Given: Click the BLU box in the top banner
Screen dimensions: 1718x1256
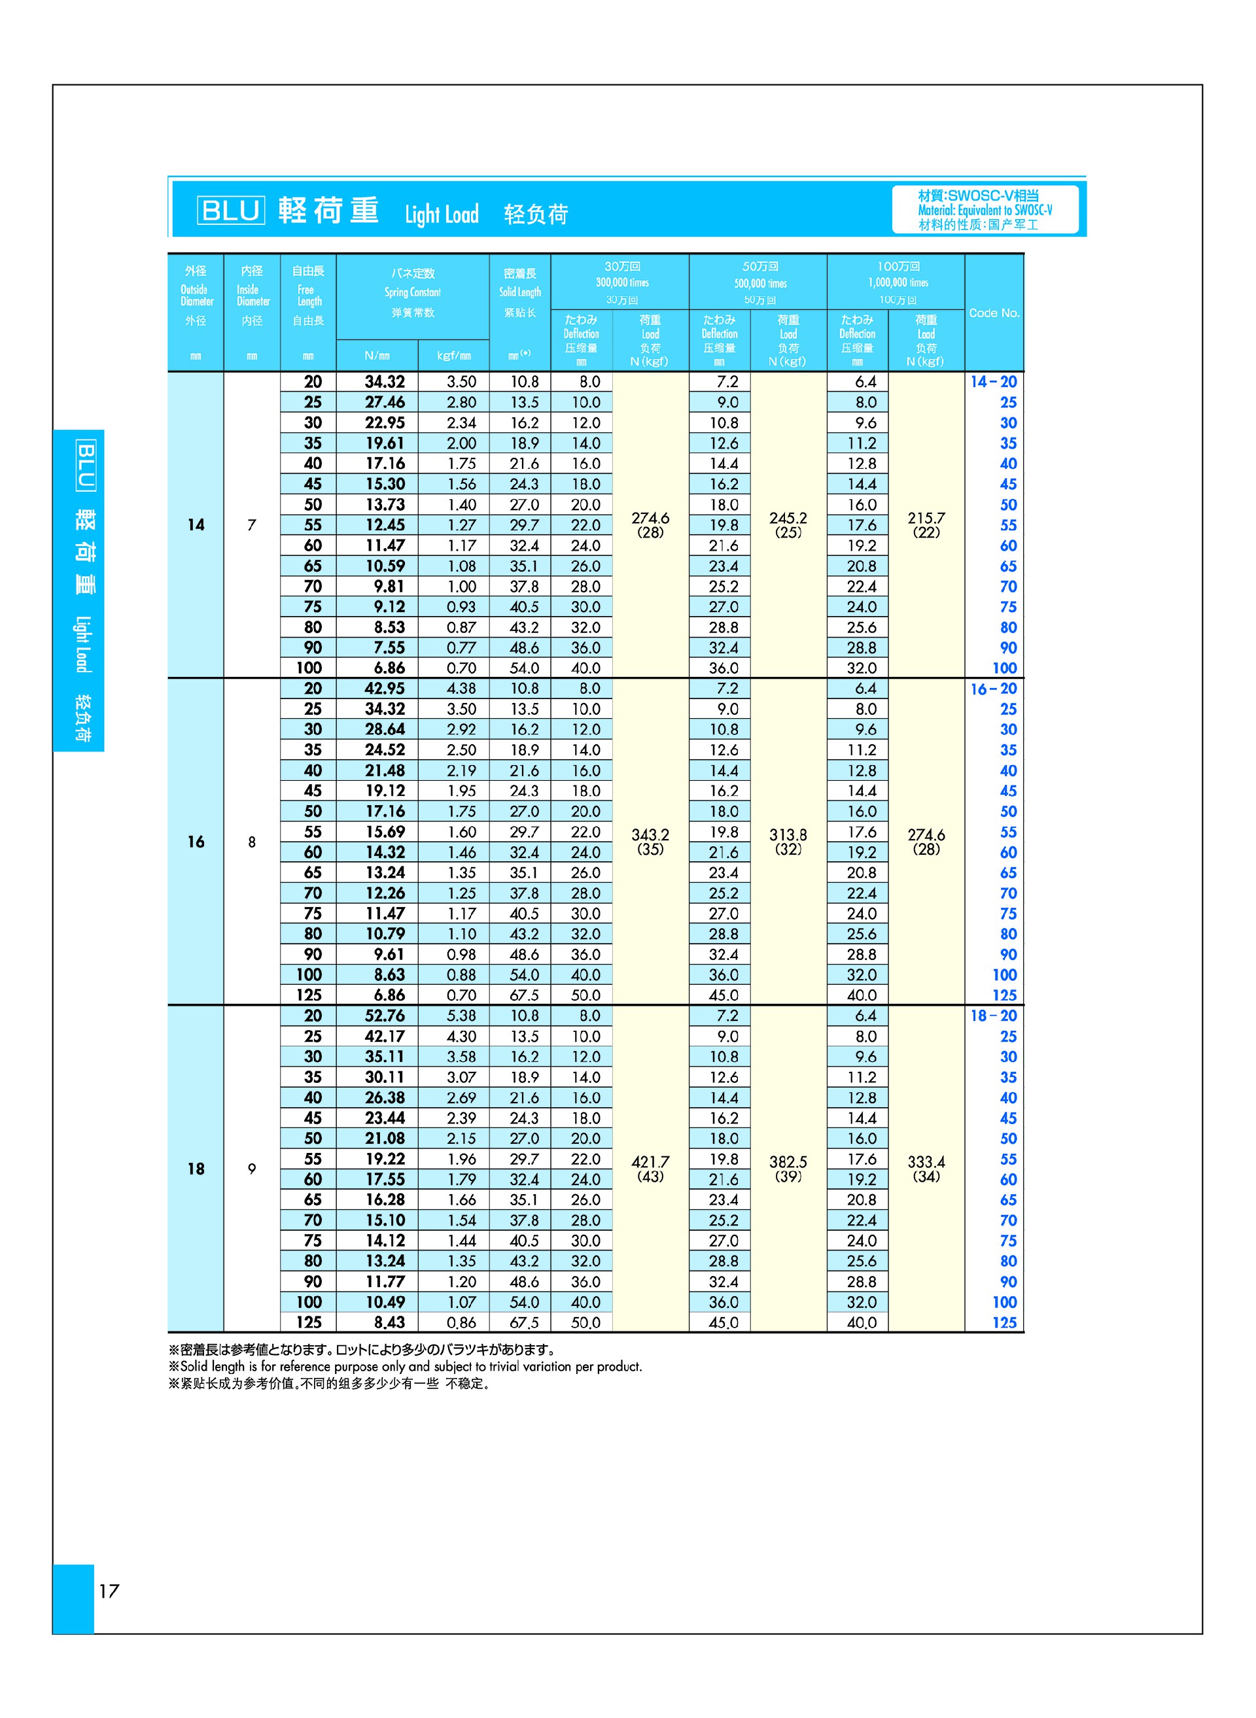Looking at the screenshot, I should point(231,210).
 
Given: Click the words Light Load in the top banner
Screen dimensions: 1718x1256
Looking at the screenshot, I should point(441,215).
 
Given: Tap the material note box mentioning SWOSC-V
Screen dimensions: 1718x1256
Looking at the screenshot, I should point(985,210).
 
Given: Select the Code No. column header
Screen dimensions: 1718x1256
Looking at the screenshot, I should point(994,313).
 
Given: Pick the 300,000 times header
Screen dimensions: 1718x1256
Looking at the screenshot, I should point(622,282).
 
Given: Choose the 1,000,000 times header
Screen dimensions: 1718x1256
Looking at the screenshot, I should point(898,282).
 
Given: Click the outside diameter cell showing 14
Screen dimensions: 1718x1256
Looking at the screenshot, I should point(196,524).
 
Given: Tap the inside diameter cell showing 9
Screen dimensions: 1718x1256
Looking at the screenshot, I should point(252,1169).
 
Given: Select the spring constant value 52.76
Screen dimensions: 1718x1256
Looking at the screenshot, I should point(385,1016).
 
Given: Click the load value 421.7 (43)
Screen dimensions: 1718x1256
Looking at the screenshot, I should point(650,1169).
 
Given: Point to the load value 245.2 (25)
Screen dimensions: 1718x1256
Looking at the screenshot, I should point(788,524).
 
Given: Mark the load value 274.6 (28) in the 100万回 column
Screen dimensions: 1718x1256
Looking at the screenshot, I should point(926,842).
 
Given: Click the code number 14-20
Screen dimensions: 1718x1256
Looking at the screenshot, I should point(993,382).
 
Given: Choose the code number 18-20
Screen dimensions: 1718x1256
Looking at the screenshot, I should point(993,1016).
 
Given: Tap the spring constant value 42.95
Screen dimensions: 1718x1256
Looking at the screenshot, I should point(385,688).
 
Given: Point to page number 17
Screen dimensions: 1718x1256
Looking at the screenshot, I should point(109,1591).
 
